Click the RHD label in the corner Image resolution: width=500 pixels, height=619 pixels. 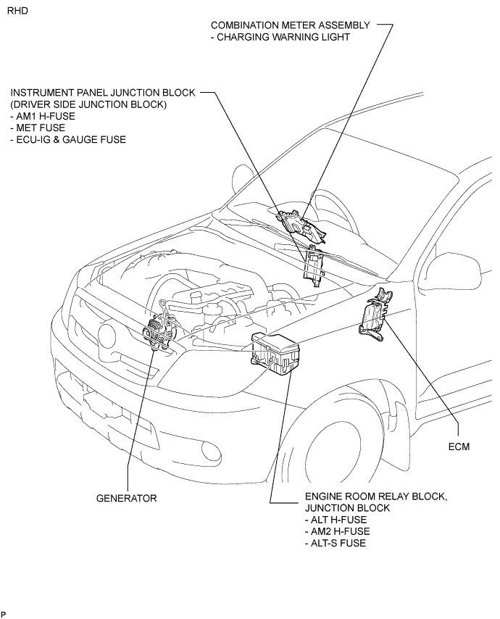tap(18, 11)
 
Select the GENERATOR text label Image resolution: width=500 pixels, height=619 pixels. tap(126, 498)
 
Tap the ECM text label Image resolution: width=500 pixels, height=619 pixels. tap(459, 446)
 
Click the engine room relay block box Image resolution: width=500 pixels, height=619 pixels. tap(275, 353)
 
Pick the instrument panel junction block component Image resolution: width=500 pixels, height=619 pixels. tap(313, 266)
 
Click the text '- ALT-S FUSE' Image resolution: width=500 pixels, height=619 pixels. tap(336, 543)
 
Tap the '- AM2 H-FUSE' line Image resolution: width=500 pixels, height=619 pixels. tap(338, 531)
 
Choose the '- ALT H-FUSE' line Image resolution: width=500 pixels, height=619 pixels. tap(336, 520)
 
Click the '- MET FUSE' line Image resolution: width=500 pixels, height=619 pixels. tap(38, 128)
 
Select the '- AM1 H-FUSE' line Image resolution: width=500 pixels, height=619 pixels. tap(43, 116)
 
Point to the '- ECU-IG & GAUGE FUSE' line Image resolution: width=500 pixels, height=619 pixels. tap(68, 139)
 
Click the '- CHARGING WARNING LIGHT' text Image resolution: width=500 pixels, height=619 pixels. tap(280, 37)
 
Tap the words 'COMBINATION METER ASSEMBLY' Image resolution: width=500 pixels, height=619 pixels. tap(291, 25)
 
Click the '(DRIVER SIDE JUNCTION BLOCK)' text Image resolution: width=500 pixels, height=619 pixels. tap(88, 104)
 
